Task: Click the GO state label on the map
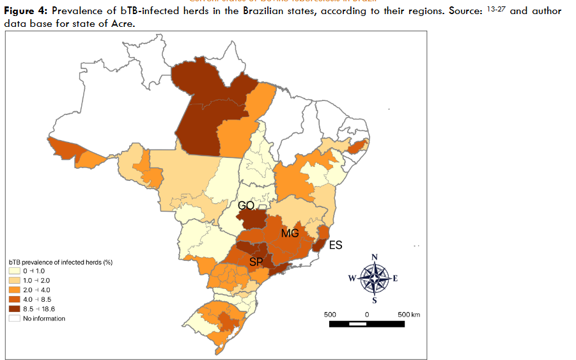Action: (246, 206)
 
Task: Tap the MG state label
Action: (290, 233)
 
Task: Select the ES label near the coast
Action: (336, 244)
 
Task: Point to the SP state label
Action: (256, 262)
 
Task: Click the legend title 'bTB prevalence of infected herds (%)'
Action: (61, 262)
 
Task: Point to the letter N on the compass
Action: (375, 257)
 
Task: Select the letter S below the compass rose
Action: (375, 300)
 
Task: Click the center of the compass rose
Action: (375, 278)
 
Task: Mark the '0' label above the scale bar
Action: (367, 315)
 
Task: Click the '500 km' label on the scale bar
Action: (409, 315)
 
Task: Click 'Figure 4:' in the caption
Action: (25, 12)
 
